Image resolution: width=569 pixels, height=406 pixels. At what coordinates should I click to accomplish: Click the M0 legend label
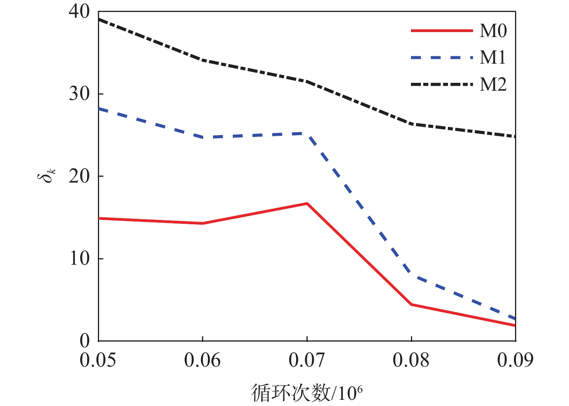coord(493,31)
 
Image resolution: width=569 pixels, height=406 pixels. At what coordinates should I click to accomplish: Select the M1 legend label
coord(493,58)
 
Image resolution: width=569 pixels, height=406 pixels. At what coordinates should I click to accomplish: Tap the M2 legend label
coord(493,85)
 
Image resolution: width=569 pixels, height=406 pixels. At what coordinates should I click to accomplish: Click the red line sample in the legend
coord(442,30)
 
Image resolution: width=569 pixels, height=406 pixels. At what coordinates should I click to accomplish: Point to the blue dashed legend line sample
coord(442,58)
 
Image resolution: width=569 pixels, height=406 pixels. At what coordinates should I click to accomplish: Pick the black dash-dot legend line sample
coord(442,84)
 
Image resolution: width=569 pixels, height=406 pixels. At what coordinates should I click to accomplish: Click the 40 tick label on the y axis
coord(79,12)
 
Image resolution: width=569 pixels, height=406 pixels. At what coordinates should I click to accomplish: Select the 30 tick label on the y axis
coord(79,94)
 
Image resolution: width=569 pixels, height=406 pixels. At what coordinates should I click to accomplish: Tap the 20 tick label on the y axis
coord(79,176)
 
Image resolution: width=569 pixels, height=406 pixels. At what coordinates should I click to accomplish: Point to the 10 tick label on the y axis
coord(79,259)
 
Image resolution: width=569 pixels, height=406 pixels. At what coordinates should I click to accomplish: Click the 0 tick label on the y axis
coord(84,340)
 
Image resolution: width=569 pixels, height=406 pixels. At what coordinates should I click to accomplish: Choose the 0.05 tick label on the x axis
coord(98,360)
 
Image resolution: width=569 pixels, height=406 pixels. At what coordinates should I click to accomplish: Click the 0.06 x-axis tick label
coord(202,360)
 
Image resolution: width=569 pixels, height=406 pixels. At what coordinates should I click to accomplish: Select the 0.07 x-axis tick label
coord(307,360)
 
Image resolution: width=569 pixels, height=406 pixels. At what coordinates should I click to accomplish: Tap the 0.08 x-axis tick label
coord(411,360)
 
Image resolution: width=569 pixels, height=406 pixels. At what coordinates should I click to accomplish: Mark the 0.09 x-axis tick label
coord(515,360)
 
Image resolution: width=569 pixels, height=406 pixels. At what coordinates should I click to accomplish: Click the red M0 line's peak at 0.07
coord(307,203)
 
